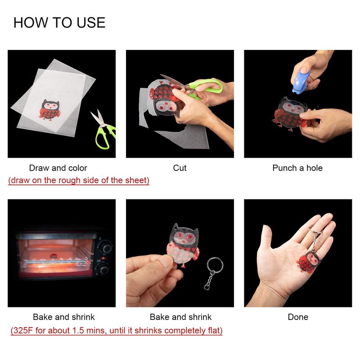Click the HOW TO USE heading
coord(59,23)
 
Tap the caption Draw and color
coord(58,168)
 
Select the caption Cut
coord(180,168)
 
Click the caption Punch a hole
coord(297,168)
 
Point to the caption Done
coord(298,317)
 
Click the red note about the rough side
coord(79,180)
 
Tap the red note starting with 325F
coord(117,331)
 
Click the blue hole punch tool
coord(301,81)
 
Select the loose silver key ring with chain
coord(213,273)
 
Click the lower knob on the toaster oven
coord(104,269)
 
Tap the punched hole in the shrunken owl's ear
coord(176,228)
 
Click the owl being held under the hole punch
coord(290,114)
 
